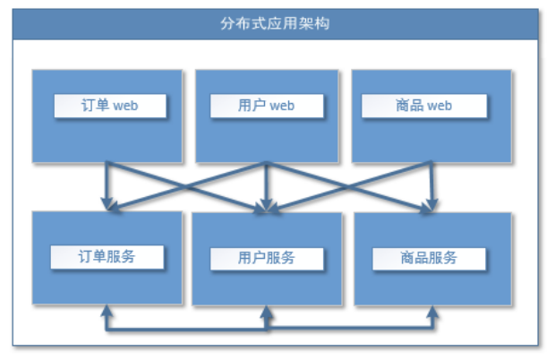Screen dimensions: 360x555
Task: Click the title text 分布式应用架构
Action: (x=276, y=23)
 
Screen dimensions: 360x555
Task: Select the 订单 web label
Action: (x=108, y=106)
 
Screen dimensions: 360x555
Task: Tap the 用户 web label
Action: (x=266, y=106)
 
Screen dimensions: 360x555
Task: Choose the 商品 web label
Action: (x=423, y=106)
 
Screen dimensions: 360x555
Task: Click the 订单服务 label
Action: (x=107, y=256)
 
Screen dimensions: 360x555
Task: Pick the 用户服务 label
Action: (x=267, y=258)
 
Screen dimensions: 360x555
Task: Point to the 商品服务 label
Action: (x=428, y=258)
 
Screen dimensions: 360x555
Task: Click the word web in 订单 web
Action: (x=126, y=106)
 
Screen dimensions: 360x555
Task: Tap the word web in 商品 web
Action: (x=440, y=106)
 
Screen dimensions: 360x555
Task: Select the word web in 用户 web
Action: (x=282, y=106)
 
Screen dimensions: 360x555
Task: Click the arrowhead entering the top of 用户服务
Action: (x=267, y=208)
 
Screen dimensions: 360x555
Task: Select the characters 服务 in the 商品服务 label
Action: (x=442, y=258)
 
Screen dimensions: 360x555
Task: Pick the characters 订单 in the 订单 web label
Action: (x=95, y=106)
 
